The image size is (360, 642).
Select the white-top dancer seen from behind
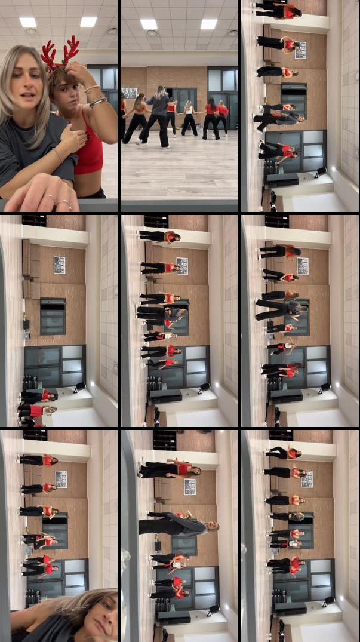pos(189,116)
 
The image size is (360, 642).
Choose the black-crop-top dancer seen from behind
pos(136,116)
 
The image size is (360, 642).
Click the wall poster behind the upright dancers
pos(128,93)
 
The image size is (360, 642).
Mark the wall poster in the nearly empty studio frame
pos(60,265)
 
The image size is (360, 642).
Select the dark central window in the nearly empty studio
pos(53,317)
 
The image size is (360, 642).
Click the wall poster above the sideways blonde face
pos(61,479)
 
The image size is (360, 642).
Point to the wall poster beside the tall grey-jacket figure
pos(190,487)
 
